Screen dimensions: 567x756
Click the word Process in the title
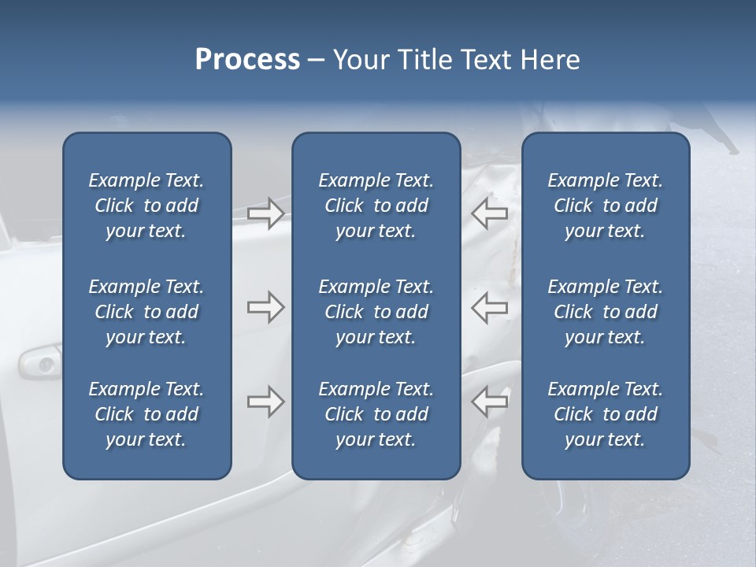[247, 60]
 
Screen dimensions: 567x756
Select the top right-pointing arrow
[265, 213]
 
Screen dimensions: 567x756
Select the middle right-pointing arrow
[265, 307]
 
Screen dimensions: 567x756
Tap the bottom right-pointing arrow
[265, 402]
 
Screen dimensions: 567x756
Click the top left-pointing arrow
[490, 213]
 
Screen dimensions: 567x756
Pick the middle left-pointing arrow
[490, 307]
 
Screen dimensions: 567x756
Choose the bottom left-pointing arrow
[490, 402]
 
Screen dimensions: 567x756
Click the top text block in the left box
[146, 206]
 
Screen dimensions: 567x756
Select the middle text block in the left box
[146, 312]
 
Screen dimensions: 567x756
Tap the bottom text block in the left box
[146, 414]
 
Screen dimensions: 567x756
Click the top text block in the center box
[376, 206]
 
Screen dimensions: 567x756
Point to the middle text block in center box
[376, 312]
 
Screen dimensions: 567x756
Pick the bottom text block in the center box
[376, 414]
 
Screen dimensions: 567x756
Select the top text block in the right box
[605, 206]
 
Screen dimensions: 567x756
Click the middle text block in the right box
[605, 312]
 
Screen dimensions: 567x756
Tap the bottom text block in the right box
[605, 414]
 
